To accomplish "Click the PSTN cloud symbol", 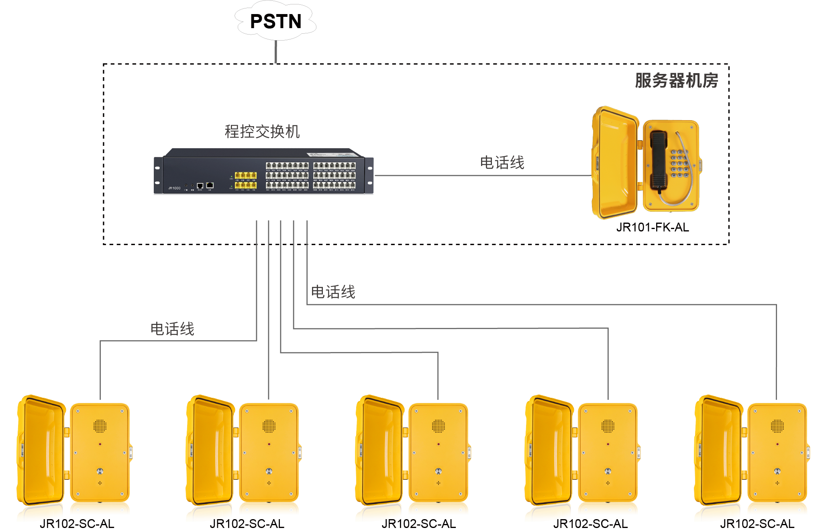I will click(275, 21).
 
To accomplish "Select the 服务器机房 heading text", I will click(676, 80).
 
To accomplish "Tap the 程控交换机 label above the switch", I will click(262, 131).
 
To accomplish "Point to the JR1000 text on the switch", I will click(174, 188).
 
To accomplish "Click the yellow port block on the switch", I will click(245, 180).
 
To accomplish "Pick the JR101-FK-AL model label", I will click(653, 227).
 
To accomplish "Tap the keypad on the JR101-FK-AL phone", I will click(679, 164).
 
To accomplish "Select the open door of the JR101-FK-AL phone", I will click(614, 163).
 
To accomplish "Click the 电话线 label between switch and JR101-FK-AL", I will click(502, 163).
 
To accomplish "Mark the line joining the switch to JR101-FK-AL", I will click(482, 176).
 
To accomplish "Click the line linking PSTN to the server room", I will click(276, 52).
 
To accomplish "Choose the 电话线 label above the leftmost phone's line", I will click(172, 329).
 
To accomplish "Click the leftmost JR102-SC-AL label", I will click(77, 524).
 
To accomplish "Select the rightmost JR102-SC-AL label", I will click(757, 524).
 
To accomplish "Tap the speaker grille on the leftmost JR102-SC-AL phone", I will click(100, 426).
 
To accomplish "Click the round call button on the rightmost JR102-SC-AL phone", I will click(777, 471).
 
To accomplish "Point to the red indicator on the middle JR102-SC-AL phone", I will click(439, 444).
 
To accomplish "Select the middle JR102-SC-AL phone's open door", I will click(379, 450).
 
